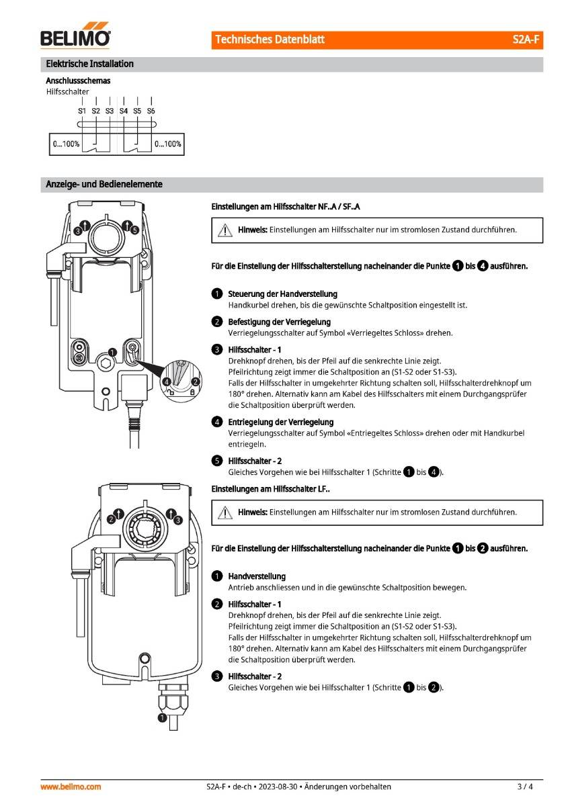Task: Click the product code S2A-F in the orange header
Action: (526, 40)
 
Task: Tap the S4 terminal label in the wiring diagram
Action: (124, 110)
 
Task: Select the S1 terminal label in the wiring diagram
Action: (82, 110)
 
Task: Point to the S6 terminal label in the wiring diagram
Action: (151, 110)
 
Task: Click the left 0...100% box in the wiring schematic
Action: (66, 144)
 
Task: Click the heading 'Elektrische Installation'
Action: (89, 64)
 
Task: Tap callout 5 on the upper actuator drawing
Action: (135, 230)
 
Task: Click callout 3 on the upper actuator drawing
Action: (78, 230)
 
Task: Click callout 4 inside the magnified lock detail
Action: (166, 382)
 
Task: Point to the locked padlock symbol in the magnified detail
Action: (192, 392)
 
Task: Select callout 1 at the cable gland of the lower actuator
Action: (161, 718)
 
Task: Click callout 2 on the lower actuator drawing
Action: (111, 519)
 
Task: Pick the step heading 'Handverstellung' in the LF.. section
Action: (257, 576)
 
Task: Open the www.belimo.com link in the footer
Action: (71, 787)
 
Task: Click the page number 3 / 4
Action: (525, 787)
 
